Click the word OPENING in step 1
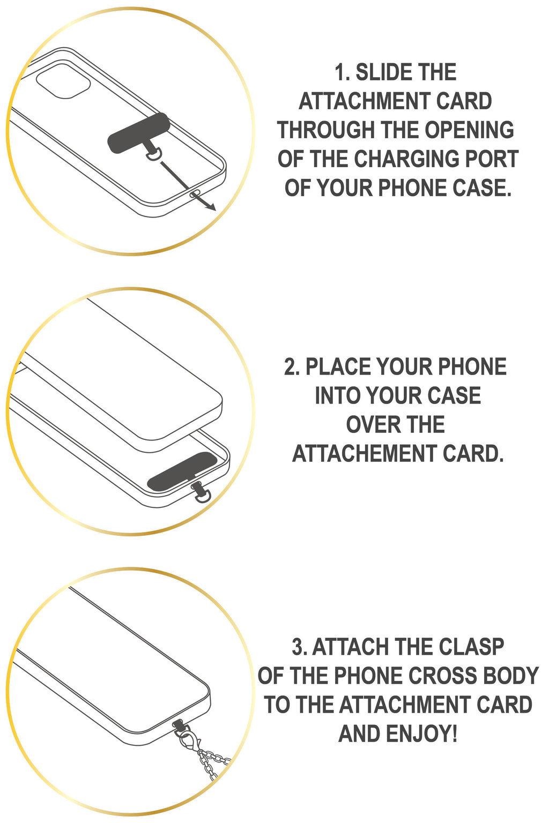470,130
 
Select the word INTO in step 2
338,396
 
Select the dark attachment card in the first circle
139,132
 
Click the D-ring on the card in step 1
154,154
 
